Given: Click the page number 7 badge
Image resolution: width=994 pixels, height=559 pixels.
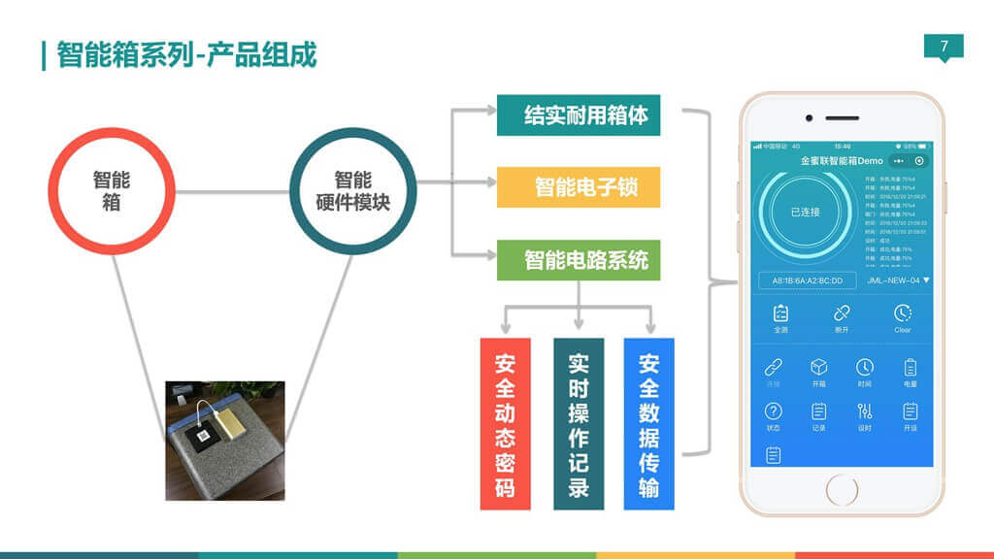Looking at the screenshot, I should (944, 47).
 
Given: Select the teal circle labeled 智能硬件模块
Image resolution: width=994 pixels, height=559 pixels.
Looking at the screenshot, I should (352, 191).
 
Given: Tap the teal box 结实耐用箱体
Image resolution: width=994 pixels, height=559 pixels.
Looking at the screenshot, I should (578, 115).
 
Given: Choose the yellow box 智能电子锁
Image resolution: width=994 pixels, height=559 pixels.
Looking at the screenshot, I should (578, 186).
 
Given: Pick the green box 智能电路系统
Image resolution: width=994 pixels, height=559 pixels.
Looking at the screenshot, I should (578, 260).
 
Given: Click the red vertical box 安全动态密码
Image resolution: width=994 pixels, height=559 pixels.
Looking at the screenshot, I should (505, 423).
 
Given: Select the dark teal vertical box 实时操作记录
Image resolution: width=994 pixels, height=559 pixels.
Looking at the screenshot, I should (578, 423).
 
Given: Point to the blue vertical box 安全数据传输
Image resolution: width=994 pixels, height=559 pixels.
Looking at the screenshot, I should (648, 423).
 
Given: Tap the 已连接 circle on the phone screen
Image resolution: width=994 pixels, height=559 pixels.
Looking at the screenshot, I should (805, 212).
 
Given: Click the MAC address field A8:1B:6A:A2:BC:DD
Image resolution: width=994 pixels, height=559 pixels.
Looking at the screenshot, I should (808, 280).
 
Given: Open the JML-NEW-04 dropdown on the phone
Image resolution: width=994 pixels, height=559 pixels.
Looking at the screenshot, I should (898, 280).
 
